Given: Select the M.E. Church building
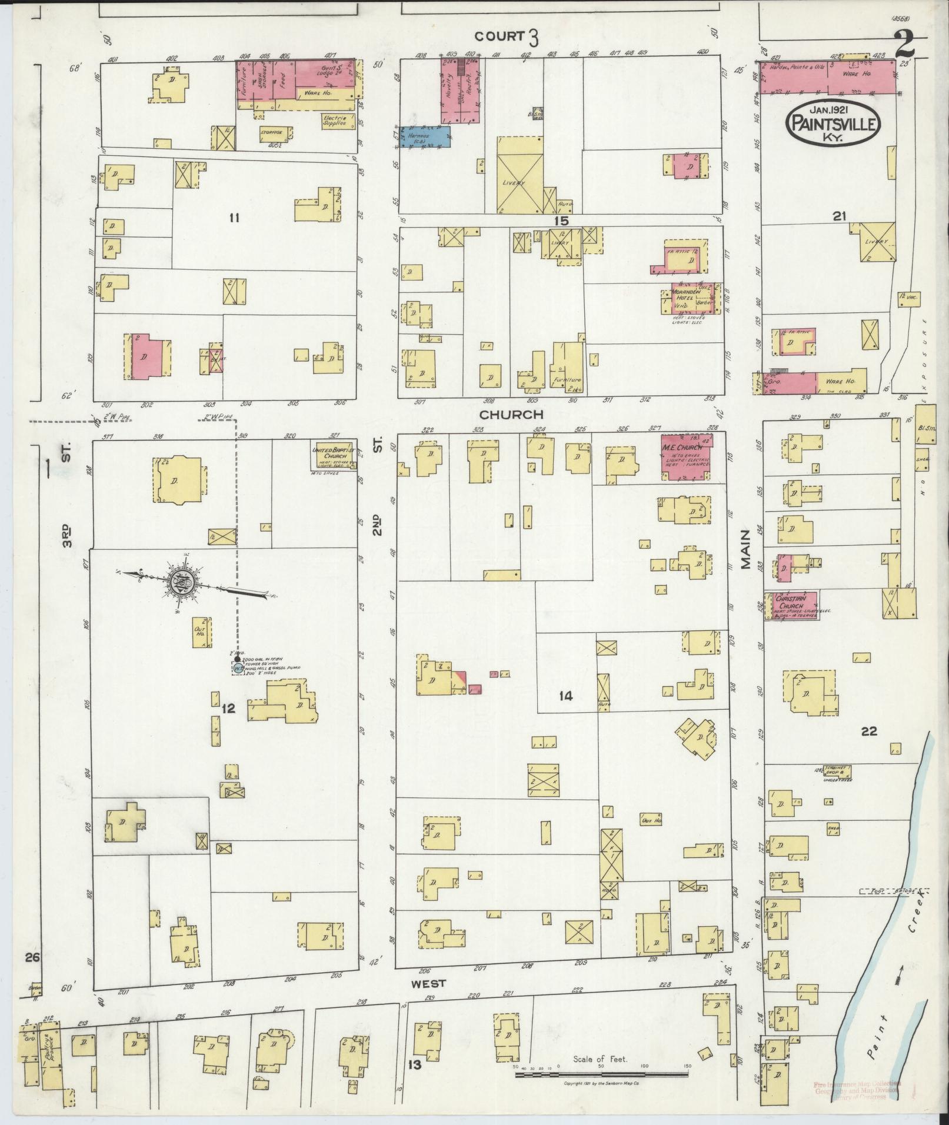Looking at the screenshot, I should [x=686, y=458].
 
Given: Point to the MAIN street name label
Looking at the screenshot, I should [x=746, y=549].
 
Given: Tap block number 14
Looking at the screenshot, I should [x=565, y=696].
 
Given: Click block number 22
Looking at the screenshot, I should [x=868, y=732].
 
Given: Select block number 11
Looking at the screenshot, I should [x=234, y=218].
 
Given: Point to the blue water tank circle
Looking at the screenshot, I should [x=238, y=669].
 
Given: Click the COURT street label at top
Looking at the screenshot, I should [x=500, y=36].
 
